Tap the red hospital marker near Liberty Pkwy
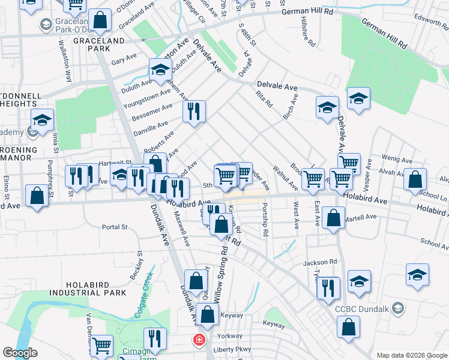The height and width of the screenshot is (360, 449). (198, 340)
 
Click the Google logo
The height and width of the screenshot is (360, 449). (20, 352)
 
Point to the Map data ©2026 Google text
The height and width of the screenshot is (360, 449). (412, 355)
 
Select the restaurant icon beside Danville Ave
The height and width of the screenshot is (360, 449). (194, 112)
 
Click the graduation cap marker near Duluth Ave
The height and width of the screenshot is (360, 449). (160, 71)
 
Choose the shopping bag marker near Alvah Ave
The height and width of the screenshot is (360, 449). (415, 179)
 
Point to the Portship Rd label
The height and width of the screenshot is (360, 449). (264, 218)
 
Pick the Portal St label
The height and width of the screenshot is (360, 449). (115, 227)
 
